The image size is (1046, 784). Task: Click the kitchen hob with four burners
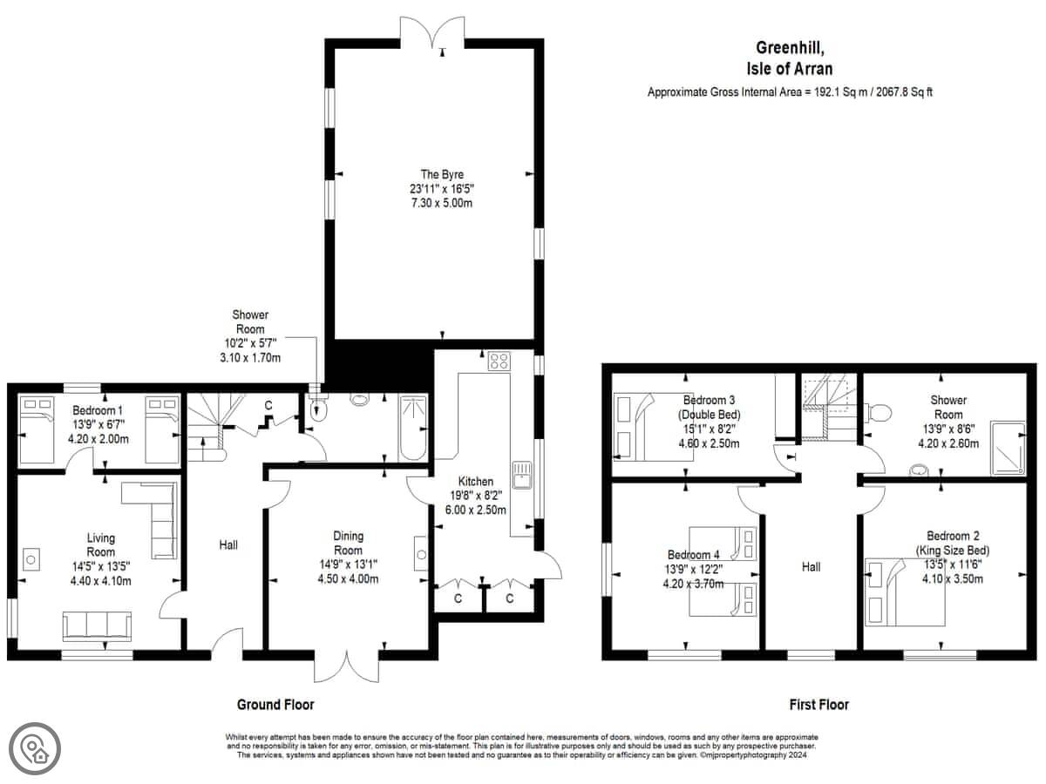[x=499, y=361]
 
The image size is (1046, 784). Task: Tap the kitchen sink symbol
[x=522, y=475]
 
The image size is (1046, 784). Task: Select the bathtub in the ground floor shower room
[x=412, y=428]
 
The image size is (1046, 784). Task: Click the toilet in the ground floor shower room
[x=318, y=409]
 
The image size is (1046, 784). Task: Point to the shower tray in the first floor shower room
[x=1008, y=448]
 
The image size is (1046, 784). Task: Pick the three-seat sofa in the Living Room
[x=98, y=626]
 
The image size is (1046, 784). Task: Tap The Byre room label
[x=442, y=174]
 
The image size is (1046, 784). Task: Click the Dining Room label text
[x=348, y=543]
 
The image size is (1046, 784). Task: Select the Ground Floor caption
[x=275, y=705]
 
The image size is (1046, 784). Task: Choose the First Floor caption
[x=818, y=705]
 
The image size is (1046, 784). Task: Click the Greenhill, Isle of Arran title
[x=790, y=58]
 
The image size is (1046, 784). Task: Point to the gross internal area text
[x=790, y=91]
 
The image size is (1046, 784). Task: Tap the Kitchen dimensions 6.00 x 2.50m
[x=475, y=510]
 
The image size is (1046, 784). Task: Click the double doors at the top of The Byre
[x=432, y=32]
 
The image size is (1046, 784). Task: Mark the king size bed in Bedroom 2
[x=905, y=592]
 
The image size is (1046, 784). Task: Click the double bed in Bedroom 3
[x=653, y=427]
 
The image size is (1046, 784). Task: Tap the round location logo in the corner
[x=35, y=749]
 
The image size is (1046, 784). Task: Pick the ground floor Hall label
[x=228, y=545]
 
